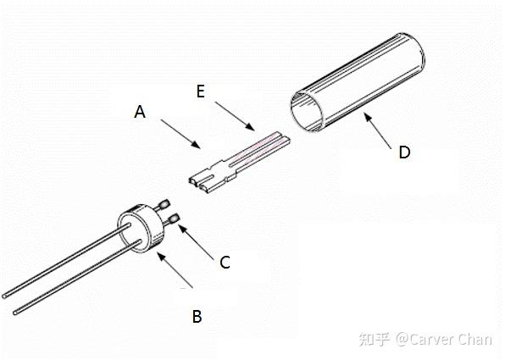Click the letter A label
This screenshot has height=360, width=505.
coord(140,112)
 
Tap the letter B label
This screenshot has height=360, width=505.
coord(197,316)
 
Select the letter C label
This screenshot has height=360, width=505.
coord(225,262)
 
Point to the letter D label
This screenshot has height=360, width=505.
coord(404,152)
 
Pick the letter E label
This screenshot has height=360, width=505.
coord(201,91)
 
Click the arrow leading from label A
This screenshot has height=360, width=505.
coord(180,135)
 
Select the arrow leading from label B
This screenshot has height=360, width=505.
coord(175,270)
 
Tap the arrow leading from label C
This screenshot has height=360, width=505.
coord(196,242)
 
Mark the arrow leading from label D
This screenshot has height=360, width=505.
coord(378,130)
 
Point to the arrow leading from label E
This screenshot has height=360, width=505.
coord(235,116)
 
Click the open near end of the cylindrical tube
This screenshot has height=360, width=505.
coord(308,112)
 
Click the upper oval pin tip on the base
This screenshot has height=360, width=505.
coord(165,204)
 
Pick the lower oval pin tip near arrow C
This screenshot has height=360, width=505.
coord(175,219)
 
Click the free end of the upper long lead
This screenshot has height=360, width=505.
coord(4,296)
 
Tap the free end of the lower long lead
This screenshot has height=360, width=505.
coord(15,313)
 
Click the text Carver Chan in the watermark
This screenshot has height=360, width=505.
coord(451,340)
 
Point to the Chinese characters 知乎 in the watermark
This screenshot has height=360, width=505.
coord(375,340)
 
